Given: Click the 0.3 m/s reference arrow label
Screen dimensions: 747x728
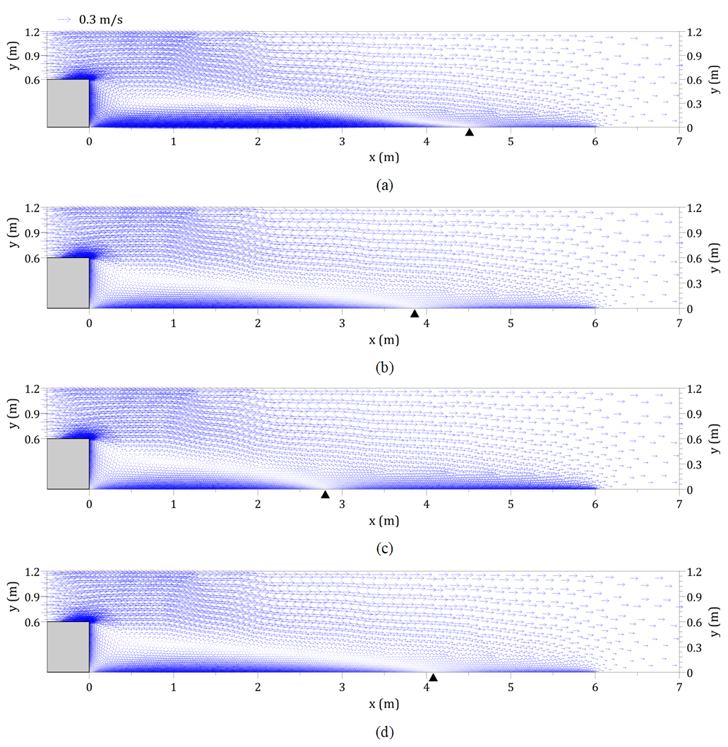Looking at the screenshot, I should [100, 20].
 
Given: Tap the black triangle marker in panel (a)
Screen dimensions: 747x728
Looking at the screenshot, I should [469, 132].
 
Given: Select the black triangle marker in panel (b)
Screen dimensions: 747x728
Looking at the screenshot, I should [414, 314].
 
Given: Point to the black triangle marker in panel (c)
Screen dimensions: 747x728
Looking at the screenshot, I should [325, 494].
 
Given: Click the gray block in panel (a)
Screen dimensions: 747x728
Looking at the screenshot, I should [68, 103].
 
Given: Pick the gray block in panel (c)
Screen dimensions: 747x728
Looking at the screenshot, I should [68, 464].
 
